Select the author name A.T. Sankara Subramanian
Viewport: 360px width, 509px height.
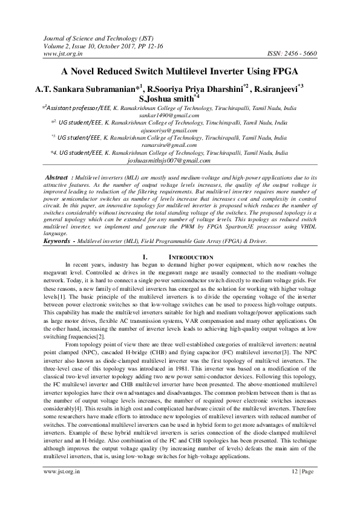(90, 88)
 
